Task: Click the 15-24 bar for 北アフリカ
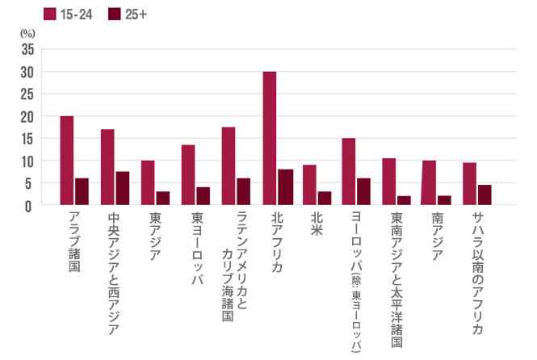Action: tap(269, 138)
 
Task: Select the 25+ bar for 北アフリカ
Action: tap(284, 187)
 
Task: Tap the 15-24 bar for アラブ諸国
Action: tap(67, 161)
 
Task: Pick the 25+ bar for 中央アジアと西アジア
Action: tap(123, 188)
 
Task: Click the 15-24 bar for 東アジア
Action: tap(148, 182)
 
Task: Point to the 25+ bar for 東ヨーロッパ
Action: tap(203, 196)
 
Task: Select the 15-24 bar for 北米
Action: tap(309, 185)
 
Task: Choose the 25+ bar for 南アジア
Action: tap(445, 200)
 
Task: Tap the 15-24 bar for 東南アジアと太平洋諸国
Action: tap(389, 182)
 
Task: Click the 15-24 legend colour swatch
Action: tap(48, 14)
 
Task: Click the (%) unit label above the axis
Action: tap(27, 35)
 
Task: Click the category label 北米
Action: tap(316, 224)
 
